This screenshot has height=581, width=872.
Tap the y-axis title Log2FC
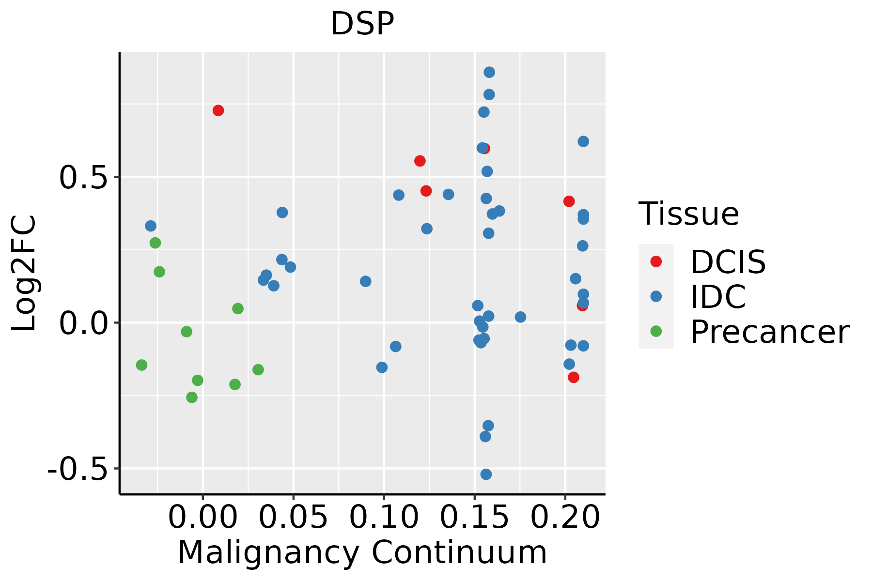pos(24,274)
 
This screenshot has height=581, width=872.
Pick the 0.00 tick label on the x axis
pos(202,518)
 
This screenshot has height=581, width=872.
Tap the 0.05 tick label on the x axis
pos(293,518)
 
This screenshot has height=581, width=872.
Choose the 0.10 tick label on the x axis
pos(384,518)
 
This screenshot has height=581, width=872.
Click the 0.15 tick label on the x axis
pos(474,518)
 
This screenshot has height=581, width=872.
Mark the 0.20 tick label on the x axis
pos(565,518)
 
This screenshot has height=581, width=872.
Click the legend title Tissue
pos(689,214)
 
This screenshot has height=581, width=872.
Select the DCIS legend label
pos(728,262)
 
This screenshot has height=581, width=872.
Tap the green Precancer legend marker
pos(656,332)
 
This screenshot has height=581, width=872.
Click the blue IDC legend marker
pos(656,296)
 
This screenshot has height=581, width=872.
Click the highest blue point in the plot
pos(489,72)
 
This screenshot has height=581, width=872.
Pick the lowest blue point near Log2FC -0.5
pos(486,474)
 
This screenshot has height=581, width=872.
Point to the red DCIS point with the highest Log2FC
pos(218,110)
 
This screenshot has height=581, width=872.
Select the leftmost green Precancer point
pos(141,365)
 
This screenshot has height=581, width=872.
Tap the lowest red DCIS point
pos(574,377)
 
